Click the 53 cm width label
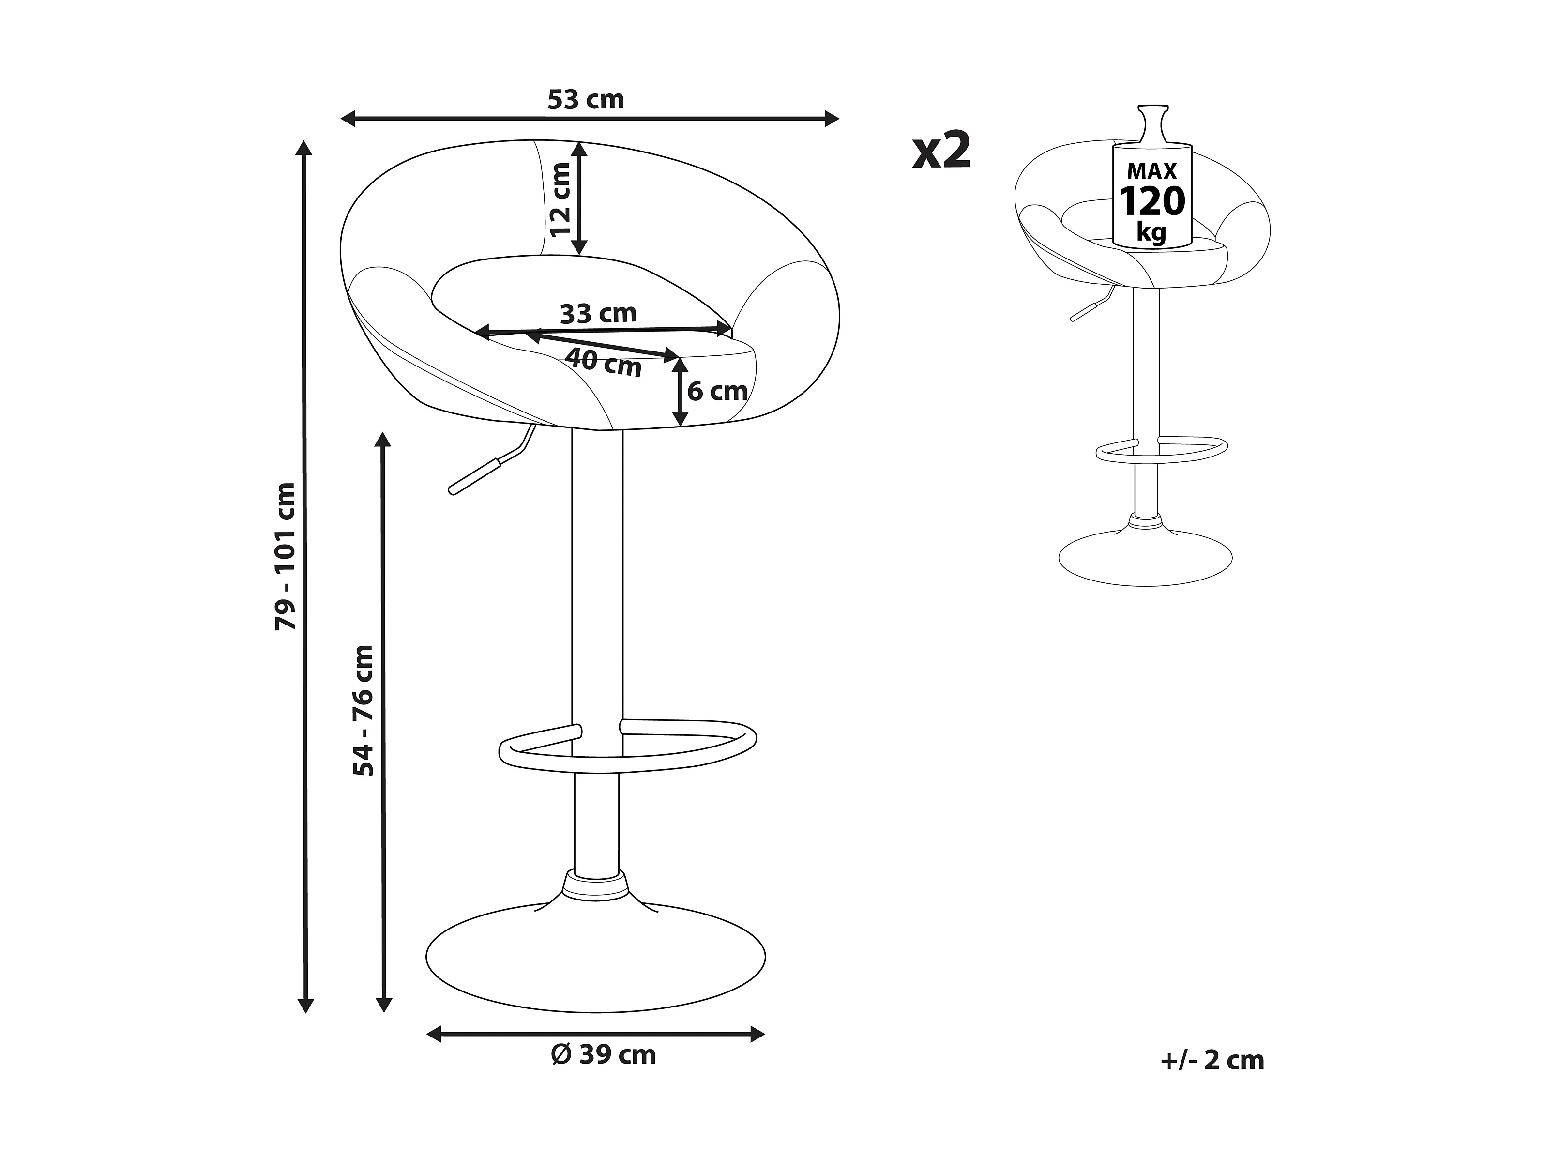tap(585, 100)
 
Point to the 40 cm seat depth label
tap(603, 362)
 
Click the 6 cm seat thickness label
tap(717, 391)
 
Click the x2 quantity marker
tap(941, 152)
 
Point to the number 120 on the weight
tap(1152, 201)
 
